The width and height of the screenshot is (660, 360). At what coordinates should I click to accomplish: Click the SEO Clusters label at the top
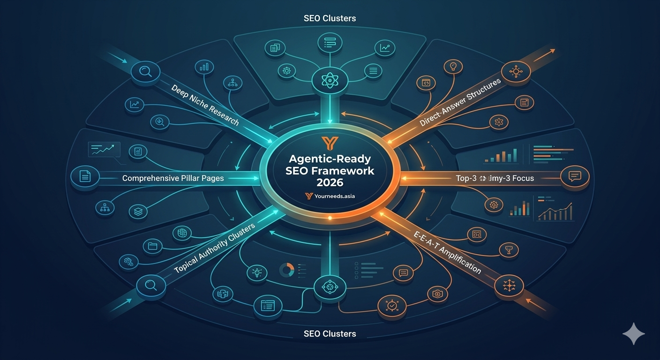tap(330, 19)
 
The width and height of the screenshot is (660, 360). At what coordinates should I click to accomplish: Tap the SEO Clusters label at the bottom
tap(330, 334)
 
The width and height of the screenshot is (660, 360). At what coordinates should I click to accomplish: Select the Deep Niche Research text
tap(205, 105)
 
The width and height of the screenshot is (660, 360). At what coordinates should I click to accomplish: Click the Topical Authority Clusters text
tap(215, 249)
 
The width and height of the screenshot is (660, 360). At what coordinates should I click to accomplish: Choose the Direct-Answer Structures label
tap(460, 102)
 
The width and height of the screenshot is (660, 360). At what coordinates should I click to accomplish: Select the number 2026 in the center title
tap(330, 182)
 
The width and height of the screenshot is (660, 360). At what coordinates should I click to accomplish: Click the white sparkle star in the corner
tap(633, 334)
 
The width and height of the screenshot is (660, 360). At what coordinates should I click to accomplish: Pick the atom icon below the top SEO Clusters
tap(330, 80)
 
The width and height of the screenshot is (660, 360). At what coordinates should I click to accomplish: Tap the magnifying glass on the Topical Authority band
tap(150, 285)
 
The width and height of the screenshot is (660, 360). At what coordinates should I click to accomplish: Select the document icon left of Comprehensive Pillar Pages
tap(85, 176)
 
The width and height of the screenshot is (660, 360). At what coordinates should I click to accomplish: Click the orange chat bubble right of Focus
tap(574, 176)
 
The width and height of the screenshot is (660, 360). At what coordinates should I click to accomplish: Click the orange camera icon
tap(437, 294)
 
